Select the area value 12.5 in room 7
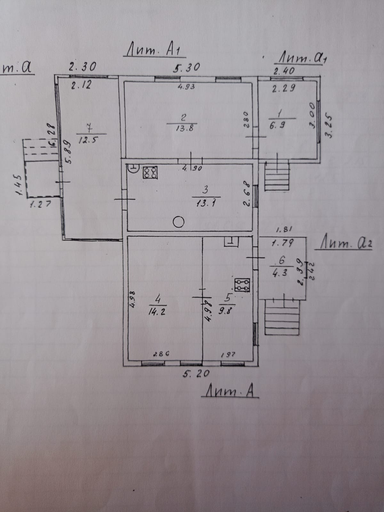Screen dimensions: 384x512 coord(87,140)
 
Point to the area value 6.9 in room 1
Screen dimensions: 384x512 coord(277,126)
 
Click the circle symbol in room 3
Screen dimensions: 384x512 coord(179,222)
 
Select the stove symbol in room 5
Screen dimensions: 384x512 coord(242,284)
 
